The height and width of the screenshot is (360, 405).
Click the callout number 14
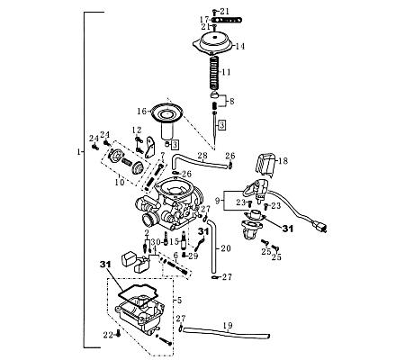tap(240, 45)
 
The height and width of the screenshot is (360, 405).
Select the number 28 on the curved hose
tap(202, 157)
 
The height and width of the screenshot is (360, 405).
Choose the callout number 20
tap(226, 247)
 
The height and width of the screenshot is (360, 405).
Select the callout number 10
tap(118, 183)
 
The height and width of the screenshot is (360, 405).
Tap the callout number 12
tap(137, 130)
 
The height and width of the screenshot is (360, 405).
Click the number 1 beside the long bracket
tap(79, 153)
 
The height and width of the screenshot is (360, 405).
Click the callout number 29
tap(193, 256)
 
